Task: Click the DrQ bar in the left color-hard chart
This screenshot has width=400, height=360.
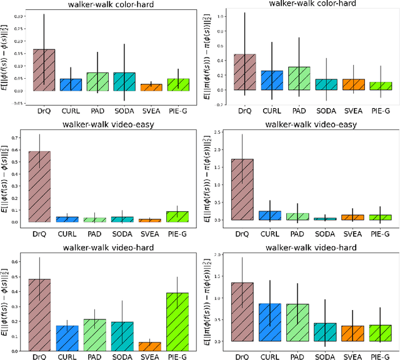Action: (x=44, y=70)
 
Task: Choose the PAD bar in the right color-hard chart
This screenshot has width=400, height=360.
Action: (x=297, y=78)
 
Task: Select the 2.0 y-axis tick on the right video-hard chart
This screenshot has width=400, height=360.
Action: (x=222, y=255)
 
